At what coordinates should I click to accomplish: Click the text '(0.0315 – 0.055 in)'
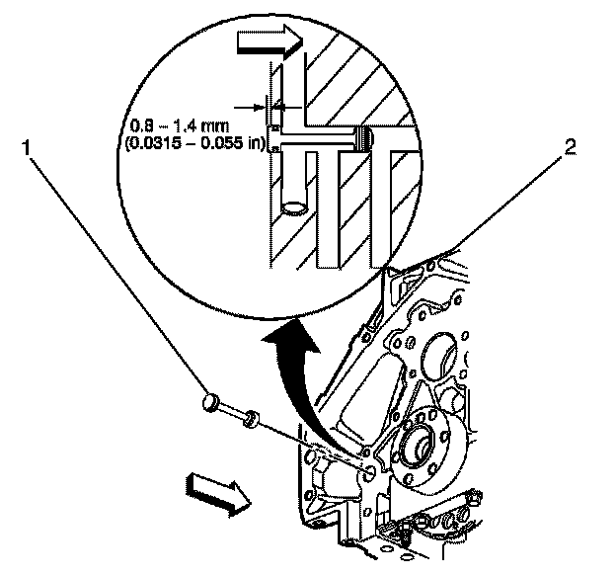(x=193, y=143)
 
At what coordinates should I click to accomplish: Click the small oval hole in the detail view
(x=292, y=208)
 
